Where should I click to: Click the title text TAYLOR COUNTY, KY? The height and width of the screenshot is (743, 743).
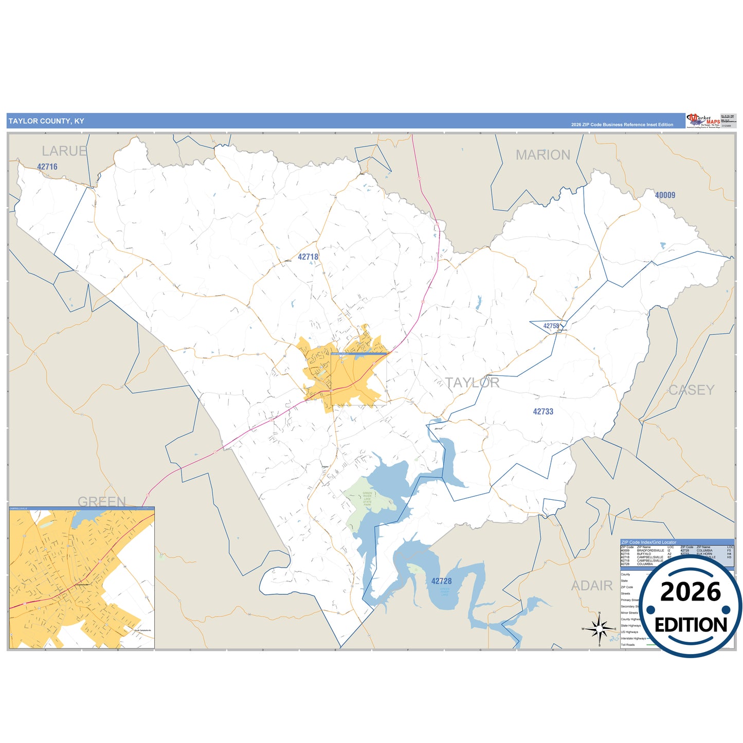pyautogui.click(x=46, y=121)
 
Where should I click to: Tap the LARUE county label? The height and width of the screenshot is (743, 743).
pyautogui.click(x=64, y=151)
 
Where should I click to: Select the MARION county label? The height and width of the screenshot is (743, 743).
pyautogui.click(x=543, y=155)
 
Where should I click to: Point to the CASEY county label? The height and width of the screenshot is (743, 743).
pyautogui.click(x=692, y=390)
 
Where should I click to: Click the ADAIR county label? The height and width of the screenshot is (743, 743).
pyautogui.click(x=592, y=586)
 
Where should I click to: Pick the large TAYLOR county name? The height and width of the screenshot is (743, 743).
pyautogui.click(x=472, y=383)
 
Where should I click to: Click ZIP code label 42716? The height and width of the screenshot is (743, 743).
pyautogui.click(x=47, y=167)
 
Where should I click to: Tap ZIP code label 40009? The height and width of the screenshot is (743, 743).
pyautogui.click(x=665, y=195)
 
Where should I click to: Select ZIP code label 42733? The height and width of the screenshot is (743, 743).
pyautogui.click(x=543, y=412)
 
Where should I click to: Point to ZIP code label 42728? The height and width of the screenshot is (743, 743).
pyautogui.click(x=441, y=582)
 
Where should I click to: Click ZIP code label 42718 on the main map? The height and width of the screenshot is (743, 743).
pyautogui.click(x=308, y=257)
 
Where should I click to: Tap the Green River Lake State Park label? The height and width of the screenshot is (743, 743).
pyautogui.click(x=367, y=499)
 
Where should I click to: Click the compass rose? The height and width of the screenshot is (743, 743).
pyautogui.click(x=600, y=628)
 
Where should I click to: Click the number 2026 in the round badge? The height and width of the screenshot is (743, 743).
pyautogui.click(x=691, y=592)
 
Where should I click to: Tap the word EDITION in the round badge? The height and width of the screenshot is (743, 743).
pyautogui.click(x=691, y=625)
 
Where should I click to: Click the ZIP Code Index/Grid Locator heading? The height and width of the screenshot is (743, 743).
pyautogui.click(x=649, y=542)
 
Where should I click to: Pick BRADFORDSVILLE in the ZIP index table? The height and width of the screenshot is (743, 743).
pyautogui.click(x=650, y=551)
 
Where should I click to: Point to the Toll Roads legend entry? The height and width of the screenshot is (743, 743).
pyautogui.click(x=628, y=645)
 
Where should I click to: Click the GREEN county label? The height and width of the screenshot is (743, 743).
pyautogui.click(x=101, y=501)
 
